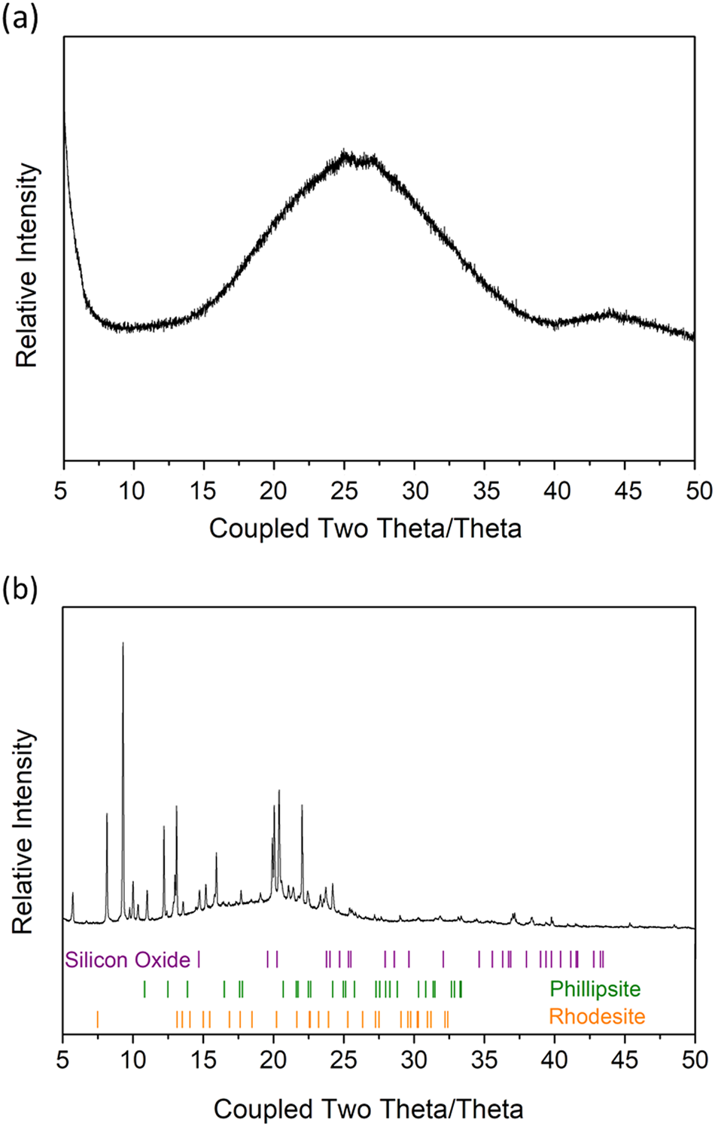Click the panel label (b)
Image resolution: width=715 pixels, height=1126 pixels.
point(20,589)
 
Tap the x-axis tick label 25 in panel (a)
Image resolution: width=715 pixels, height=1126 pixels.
point(344,491)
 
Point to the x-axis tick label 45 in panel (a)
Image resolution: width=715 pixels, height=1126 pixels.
point(627,491)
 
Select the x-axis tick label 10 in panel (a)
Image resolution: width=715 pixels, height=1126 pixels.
point(132,491)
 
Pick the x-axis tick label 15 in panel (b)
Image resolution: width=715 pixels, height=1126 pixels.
point(202,1060)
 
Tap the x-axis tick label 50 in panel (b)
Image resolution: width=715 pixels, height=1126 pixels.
point(694,1060)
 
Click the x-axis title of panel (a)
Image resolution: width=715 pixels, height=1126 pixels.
point(365,528)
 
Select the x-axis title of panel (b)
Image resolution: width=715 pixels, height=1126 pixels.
point(368,1109)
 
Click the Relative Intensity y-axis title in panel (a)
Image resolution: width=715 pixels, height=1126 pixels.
point(27,266)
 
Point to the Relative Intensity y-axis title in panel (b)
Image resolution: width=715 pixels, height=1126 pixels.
point(25,832)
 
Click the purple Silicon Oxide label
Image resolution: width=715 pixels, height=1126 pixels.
point(127,960)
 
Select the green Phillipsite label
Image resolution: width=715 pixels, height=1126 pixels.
point(595,988)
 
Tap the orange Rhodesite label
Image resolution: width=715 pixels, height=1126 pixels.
point(597,1017)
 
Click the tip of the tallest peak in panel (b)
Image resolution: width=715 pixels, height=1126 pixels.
point(123,644)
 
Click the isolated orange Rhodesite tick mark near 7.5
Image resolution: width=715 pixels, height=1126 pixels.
point(97,1019)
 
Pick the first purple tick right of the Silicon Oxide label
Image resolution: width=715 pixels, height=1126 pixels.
point(199,960)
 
